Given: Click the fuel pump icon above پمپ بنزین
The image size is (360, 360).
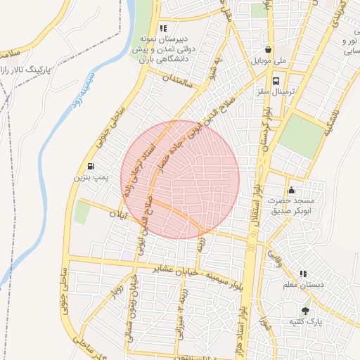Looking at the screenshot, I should (91, 167).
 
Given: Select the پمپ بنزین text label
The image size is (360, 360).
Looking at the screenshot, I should (91, 179).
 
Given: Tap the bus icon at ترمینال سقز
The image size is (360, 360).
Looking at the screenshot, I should (276, 81).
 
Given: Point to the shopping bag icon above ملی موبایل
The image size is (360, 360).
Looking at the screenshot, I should (269, 50).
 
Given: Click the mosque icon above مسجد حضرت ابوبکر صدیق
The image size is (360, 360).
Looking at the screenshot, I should (292, 190).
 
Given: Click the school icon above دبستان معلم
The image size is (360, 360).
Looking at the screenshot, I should (303, 274).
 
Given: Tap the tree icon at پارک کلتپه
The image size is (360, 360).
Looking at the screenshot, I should (305, 311).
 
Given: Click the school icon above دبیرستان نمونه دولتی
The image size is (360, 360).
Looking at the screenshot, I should (163, 29).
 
